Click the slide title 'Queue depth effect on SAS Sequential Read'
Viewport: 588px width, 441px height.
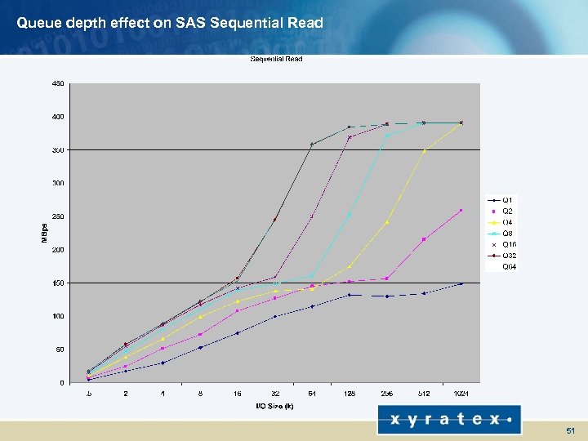click(170, 22)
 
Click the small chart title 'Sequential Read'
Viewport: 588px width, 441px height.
click(275, 59)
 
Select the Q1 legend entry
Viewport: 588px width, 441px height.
click(507, 200)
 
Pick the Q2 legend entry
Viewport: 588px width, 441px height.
click(507, 211)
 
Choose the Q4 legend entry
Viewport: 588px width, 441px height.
click(507, 222)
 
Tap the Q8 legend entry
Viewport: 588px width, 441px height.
click(507, 233)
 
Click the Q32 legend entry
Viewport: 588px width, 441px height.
click(509, 255)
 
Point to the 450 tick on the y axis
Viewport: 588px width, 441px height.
click(58, 83)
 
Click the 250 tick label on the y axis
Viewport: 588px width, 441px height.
click(58, 216)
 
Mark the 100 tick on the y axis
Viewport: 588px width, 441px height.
click(58, 316)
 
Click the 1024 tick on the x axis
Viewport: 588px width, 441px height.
click(461, 394)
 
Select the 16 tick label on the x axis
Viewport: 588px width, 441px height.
click(238, 394)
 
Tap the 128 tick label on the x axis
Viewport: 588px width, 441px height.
click(350, 394)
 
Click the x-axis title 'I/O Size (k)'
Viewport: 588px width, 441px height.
click(274, 406)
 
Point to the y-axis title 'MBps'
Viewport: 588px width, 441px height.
click(45, 232)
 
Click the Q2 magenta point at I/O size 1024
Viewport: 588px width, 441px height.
click(461, 211)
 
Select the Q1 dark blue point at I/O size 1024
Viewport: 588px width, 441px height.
click(461, 283)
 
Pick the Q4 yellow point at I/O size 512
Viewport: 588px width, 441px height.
click(424, 151)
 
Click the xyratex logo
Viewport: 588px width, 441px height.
click(448, 420)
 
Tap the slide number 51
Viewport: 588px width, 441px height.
click(569, 430)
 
